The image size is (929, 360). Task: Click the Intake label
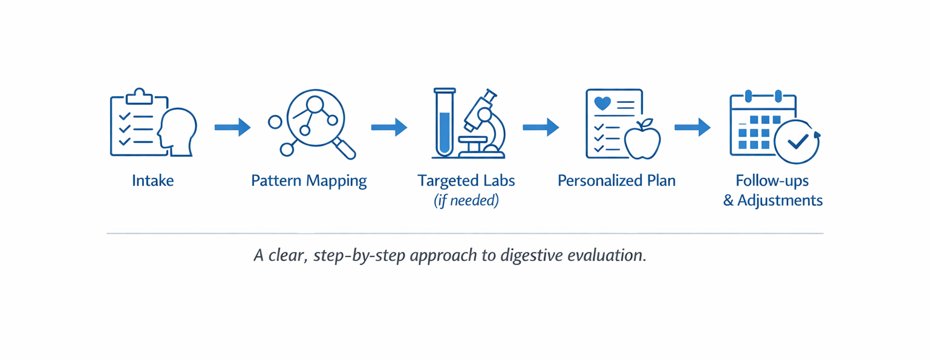click(x=152, y=180)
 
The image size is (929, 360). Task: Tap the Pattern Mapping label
click(x=308, y=181)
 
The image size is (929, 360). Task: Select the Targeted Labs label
click(x=466, y=180)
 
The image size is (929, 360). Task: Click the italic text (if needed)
click(x=466, y=201)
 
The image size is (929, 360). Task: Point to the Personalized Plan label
click(x=616, y=180)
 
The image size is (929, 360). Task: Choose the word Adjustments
click(x=780, y=201)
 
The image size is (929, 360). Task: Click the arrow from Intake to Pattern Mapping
click(x=232, y=127)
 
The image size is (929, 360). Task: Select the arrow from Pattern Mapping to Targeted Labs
click(x=389, y=127)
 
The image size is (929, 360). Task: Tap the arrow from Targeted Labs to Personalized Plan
click(x=541, y=127)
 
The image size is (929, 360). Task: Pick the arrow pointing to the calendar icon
click(x=693, y=127)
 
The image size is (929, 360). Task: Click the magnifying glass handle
click(x=344, y=148)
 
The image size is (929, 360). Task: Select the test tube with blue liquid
click(x=445, y=123)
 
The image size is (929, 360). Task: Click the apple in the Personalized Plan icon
click(x=642, y=140)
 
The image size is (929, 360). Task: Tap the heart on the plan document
click(x=603, y=103)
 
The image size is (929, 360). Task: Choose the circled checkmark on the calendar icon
click(x=797, y=142)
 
